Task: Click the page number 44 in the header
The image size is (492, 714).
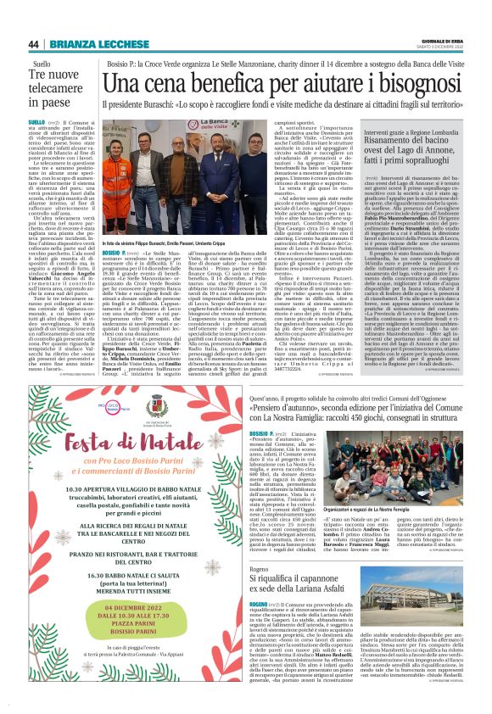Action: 33,44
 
